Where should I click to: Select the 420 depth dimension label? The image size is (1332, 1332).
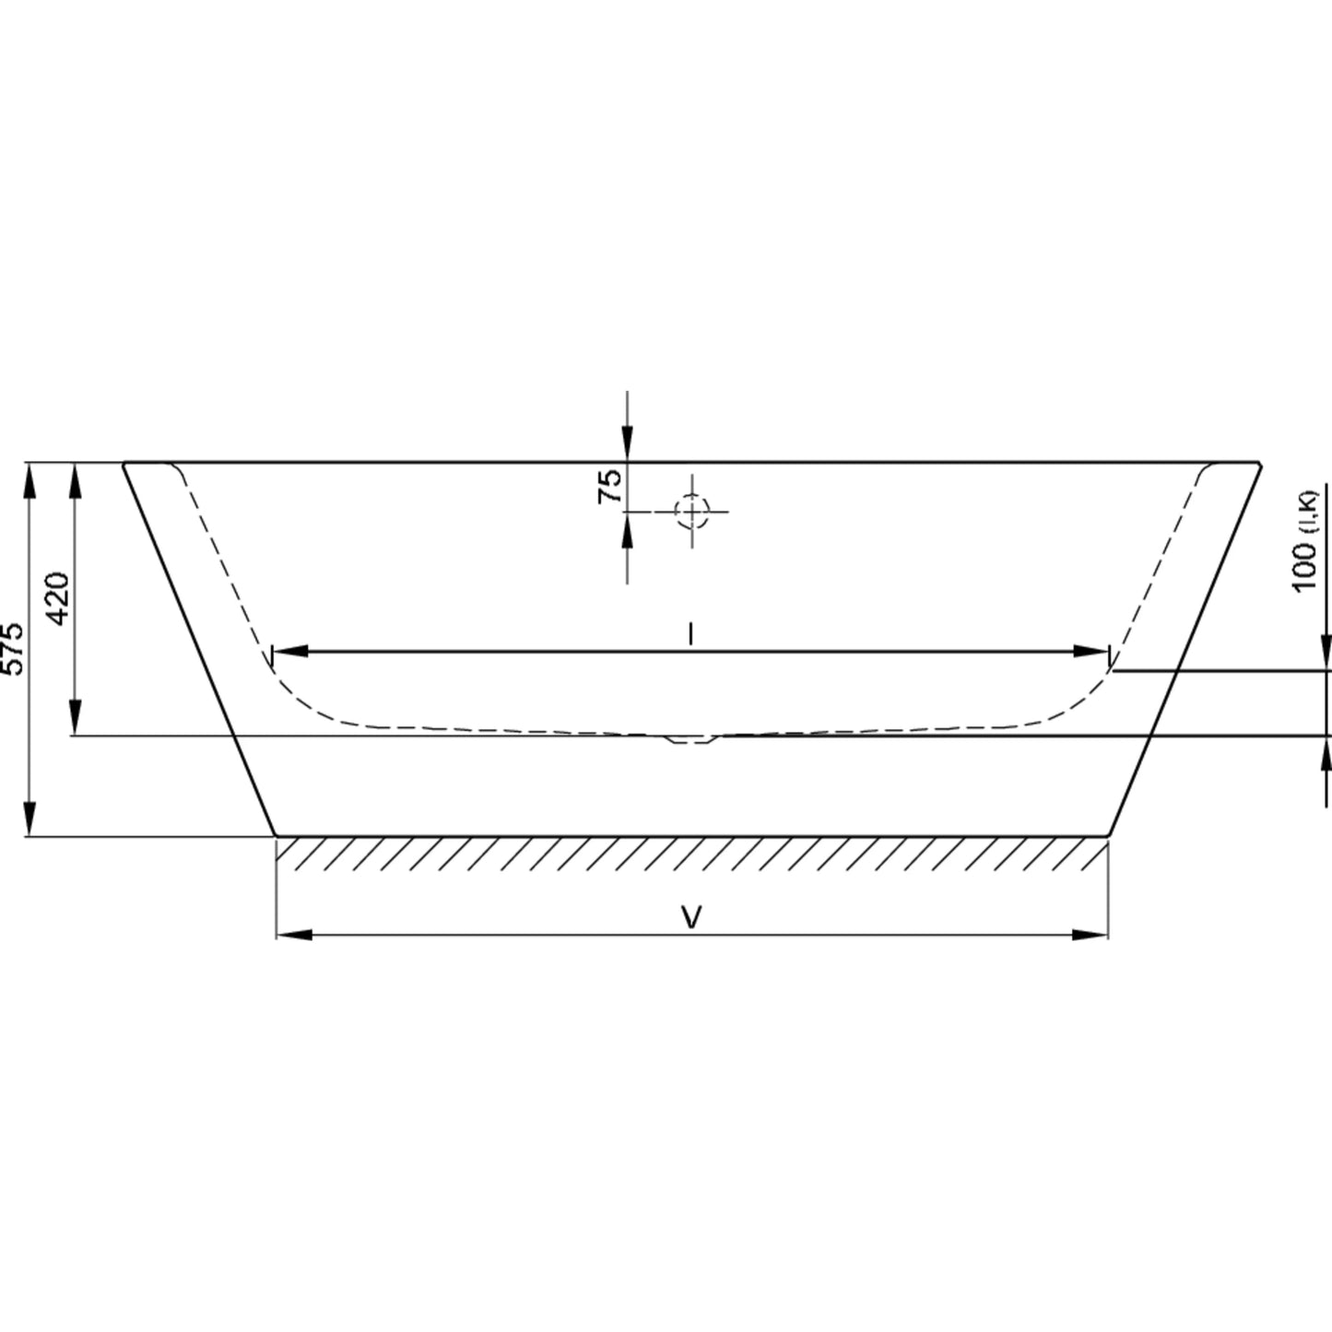pyautogui.click(x=58, y=598)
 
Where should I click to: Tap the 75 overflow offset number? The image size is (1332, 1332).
pyautogui.click(x=609, y=487)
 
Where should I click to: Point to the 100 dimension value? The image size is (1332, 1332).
pyautogui.click(x=1304, y=568)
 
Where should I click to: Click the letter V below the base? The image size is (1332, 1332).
pyautogui.click(x=691, y=917)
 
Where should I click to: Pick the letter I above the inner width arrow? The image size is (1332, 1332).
pyautogui.click(x=690, y=633)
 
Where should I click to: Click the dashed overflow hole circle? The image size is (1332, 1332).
pyautogui.click(x=692, y=512)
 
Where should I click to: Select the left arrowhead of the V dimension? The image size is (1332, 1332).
pyautogui.click(x=294, y=935)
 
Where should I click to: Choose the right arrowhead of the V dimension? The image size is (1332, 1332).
pyautogui.click(x=1090, y=935)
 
